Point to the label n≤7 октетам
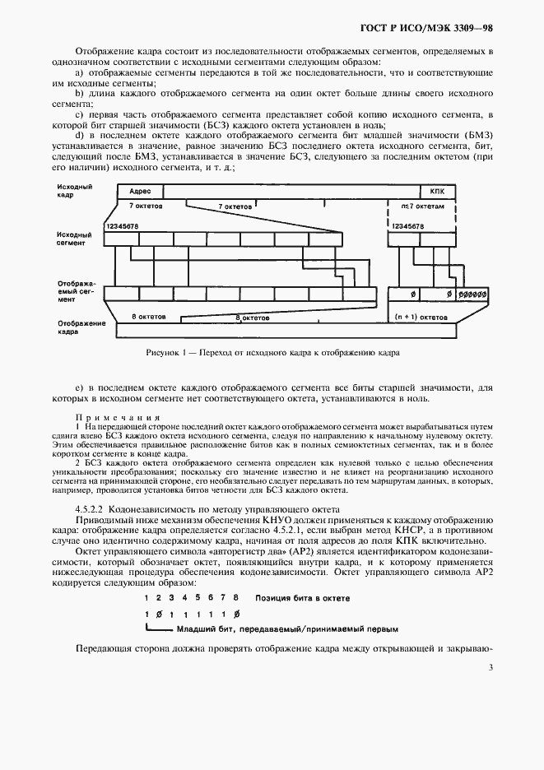pos(421,206)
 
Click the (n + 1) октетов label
pos(421,316)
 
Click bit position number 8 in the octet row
pos(236,596)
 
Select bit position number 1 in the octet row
pos(147,596)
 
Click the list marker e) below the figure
pos(78,386)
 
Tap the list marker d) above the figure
pos(79,134)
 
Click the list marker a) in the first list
pos(79,73)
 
